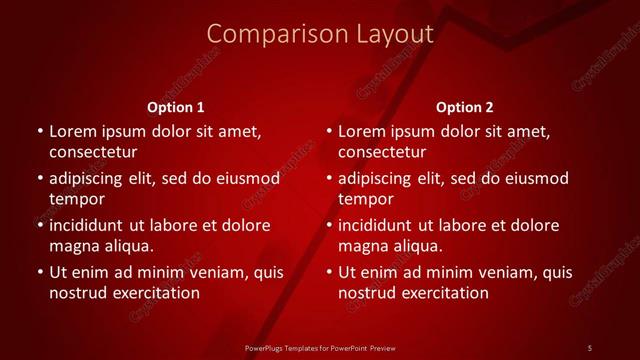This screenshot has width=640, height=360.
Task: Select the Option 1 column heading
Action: point(176,107)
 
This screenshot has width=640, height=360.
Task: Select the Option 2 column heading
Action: point(465,107)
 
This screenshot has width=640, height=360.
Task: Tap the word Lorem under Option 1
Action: point(73,131)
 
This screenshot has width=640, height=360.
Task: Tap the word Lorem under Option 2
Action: point(363,131)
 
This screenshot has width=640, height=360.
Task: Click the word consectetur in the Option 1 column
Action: point(93,152)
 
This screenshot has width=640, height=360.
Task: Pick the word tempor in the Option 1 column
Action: point(75,199)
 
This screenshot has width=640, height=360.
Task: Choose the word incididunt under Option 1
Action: point(92,225)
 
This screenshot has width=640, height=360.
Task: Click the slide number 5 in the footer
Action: point(589,347)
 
